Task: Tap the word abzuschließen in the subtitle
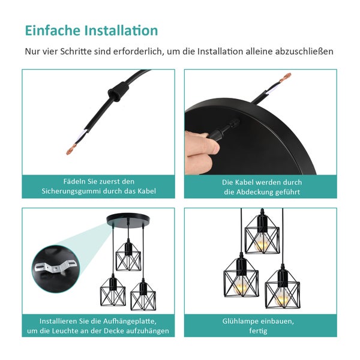click(303, 52)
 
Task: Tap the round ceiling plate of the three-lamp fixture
click(128, 220)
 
